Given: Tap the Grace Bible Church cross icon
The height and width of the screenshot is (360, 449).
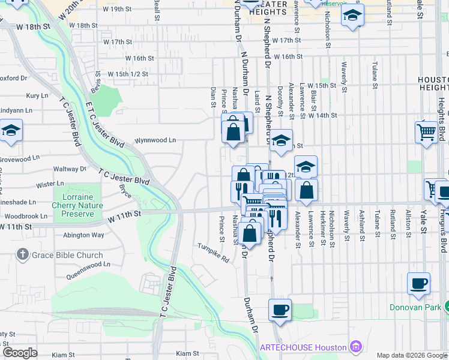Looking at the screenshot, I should [x=23, y=254].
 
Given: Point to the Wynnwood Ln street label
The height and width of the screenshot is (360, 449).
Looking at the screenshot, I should [x=155, y=140].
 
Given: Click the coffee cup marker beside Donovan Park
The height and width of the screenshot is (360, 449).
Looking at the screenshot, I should [x=418, y=284].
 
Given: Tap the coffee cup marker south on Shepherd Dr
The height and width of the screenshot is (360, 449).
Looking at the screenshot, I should [x=280, y=310].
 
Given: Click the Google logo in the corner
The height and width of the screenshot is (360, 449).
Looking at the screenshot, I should [x=20, y=352].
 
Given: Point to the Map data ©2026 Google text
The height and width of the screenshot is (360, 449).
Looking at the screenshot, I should [x=411, y=355].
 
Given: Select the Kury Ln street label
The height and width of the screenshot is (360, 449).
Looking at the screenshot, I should [x=37, y=95].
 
